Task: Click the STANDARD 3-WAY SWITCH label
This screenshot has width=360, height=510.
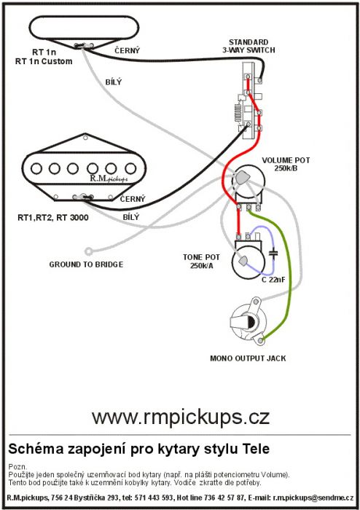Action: click(x=249, y=46)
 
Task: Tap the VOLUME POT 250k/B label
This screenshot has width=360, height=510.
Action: click(x=286, y=164)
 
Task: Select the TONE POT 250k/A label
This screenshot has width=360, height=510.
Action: click(x=201, y=262)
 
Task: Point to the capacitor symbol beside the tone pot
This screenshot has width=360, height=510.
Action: click(x=274, y=254)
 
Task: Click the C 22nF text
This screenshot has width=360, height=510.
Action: click(x=273, y=279)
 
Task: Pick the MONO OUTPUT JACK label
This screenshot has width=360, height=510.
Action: click(x=248, y=358)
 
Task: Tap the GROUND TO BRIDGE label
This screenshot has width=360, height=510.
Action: click(x=86, y=264)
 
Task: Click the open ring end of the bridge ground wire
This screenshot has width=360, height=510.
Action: click(x=88, y=251)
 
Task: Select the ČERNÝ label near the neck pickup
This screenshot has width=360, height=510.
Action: click(x=127, y=50)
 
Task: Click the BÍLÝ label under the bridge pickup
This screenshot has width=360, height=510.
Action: click(x=130, y=217)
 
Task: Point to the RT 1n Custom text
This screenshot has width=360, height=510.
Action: click(x=44, y=61)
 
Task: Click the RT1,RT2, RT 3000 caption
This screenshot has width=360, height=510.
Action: click(x=53, y=218)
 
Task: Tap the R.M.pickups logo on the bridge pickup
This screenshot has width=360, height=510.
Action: click(x=109, y=178)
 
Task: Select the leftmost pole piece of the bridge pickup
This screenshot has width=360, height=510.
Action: click(x=36, y=168)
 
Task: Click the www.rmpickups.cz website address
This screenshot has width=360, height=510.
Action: click(x=181, y=417)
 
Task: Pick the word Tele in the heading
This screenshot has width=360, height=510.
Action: click(x=257, y=449)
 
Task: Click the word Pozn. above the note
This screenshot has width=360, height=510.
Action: click(x=18, y=467)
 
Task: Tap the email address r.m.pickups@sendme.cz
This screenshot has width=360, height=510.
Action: click(x=313, y=498)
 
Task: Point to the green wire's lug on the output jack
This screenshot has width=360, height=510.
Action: click(x=260, y=340)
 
